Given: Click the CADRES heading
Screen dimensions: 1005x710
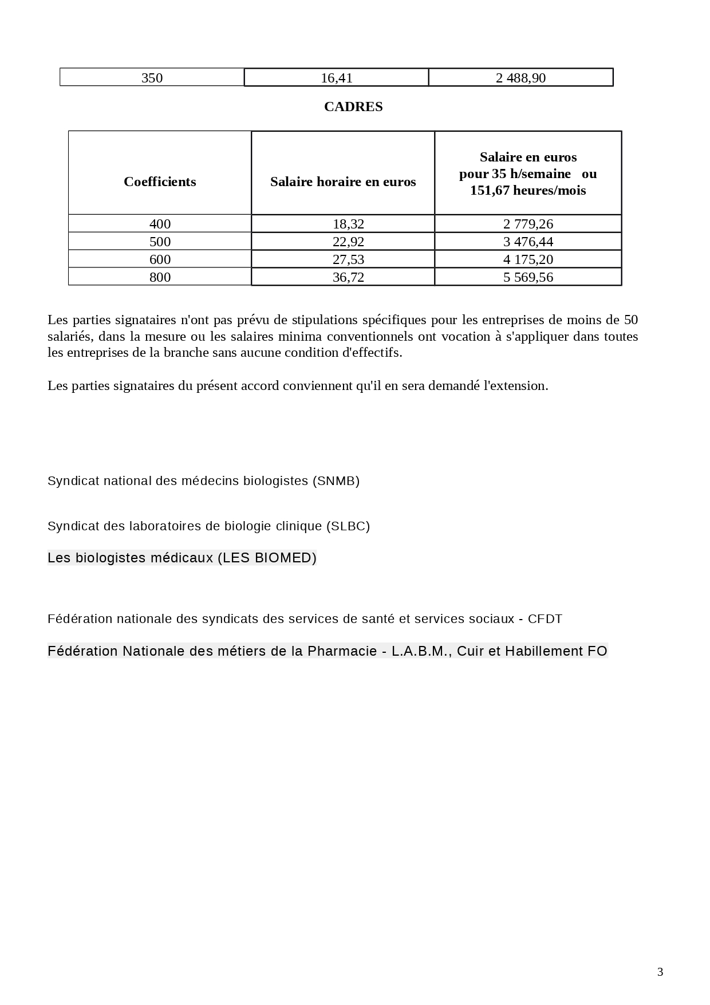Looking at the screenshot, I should coord(353,107).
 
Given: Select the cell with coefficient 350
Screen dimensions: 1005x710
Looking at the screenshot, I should coord(152,78).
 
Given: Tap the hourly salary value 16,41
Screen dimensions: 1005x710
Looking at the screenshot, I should coord(337,78).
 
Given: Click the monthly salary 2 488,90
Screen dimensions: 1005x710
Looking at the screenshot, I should coord(520,78).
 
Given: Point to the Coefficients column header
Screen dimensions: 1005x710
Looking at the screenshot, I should coord(160,182).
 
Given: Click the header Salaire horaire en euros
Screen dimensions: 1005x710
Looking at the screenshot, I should coord(343,182).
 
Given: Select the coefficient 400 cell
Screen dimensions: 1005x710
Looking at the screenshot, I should coord(160,224).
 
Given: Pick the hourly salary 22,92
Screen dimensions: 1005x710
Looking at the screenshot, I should coord(348,242).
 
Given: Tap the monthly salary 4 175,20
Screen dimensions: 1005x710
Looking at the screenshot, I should coord(528,259).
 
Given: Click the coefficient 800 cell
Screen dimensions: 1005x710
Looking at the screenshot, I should coord(160,277).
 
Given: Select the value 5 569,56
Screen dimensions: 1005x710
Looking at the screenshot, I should coord(528,277).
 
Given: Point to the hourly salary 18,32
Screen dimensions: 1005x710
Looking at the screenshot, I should coord(348,224).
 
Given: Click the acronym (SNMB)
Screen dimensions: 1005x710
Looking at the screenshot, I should coord(336,481).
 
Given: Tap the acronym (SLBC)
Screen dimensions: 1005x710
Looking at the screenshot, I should coord(348,526).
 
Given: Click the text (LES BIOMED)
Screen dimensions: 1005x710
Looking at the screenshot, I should coord(267,558).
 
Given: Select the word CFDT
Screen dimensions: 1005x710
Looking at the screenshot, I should coord(545,619).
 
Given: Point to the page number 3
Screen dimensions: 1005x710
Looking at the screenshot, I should coord(660,972).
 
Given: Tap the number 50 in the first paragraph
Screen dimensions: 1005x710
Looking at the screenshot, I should coord(630,320).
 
